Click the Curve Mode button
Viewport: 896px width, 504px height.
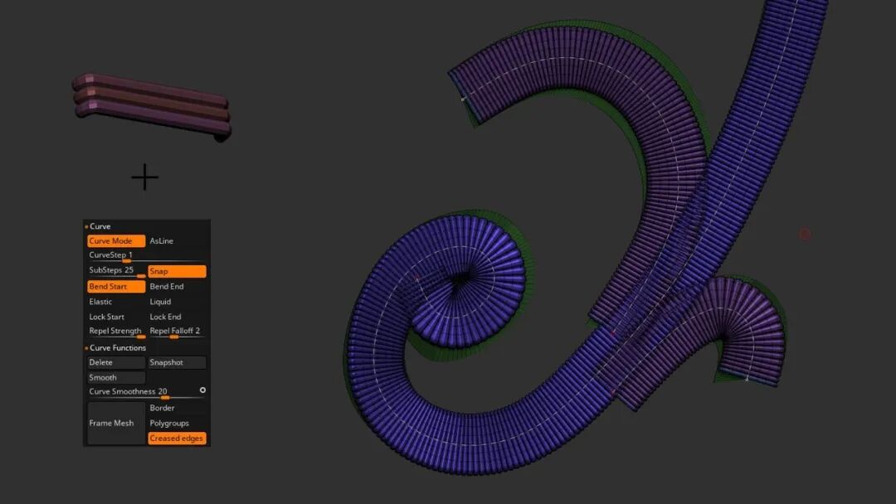click(116, 241)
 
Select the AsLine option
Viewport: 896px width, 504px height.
click(162, 241)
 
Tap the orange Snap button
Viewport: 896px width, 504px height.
click(178, 271)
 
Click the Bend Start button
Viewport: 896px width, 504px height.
click(116, 287)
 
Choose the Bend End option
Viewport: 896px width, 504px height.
click(167, 287)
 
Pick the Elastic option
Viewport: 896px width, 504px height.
click(100, 302)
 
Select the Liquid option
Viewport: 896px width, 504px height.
click(161, 302)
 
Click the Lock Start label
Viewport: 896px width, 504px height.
click(107, 317)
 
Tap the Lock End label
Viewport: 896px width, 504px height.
click(166, 317)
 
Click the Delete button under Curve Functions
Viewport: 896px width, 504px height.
click(116, 362)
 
